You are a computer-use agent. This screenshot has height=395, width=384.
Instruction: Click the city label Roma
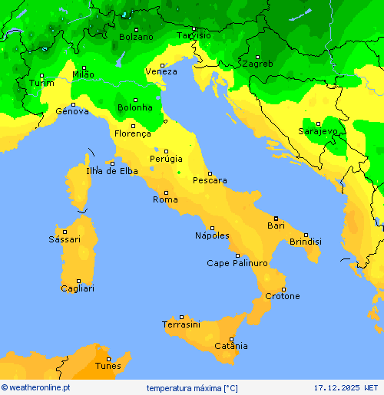pyautogui.click(x=165, y=199)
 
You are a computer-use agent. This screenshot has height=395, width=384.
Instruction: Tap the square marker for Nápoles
pyautogui.click(x=212, y=228)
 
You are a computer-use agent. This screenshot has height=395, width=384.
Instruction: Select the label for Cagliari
pyautogui.click(x=78, y=288)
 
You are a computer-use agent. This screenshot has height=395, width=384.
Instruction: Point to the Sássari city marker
pyautogui.click(x=65, y=232)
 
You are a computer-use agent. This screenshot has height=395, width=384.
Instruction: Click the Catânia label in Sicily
pyautogui.click(x=231, y=347)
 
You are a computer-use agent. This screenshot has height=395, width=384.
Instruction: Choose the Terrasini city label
pyautogui.click(x=181, y=325)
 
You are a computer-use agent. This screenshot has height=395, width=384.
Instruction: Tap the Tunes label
pyautogui.click(x=108, y=367)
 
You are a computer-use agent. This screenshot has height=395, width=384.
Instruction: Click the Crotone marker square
pyautogui.click(x=283, y=289)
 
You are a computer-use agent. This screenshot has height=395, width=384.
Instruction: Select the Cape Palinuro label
pyautogui.click(x=237, y=263)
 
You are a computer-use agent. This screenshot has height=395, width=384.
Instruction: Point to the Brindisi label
pyautogui.click(x=306, y=242)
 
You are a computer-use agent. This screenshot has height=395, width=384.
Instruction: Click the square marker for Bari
pyautogui.click(x=276, y=219)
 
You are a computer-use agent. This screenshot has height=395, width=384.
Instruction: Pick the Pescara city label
pyautogui.click(x=210, y=181)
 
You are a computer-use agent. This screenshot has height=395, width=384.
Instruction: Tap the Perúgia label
pyautogui.click(x=166, y=159)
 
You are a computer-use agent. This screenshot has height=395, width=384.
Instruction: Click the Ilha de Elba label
pyautogui.click(x=112, y=171)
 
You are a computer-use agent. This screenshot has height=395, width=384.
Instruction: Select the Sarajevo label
pyautogui.click(x=318, y=132)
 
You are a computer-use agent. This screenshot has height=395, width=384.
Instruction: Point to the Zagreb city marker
pyautogui.click(x=259, y=57)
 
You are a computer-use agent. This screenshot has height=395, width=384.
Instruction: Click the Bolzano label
pyautogui.click(x=136, y=37)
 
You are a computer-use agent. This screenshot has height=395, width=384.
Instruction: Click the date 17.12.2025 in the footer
pyautogui.click(x=336, y=387)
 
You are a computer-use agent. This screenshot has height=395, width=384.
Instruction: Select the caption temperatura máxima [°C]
pyautogui.click(x=193, y=387)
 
